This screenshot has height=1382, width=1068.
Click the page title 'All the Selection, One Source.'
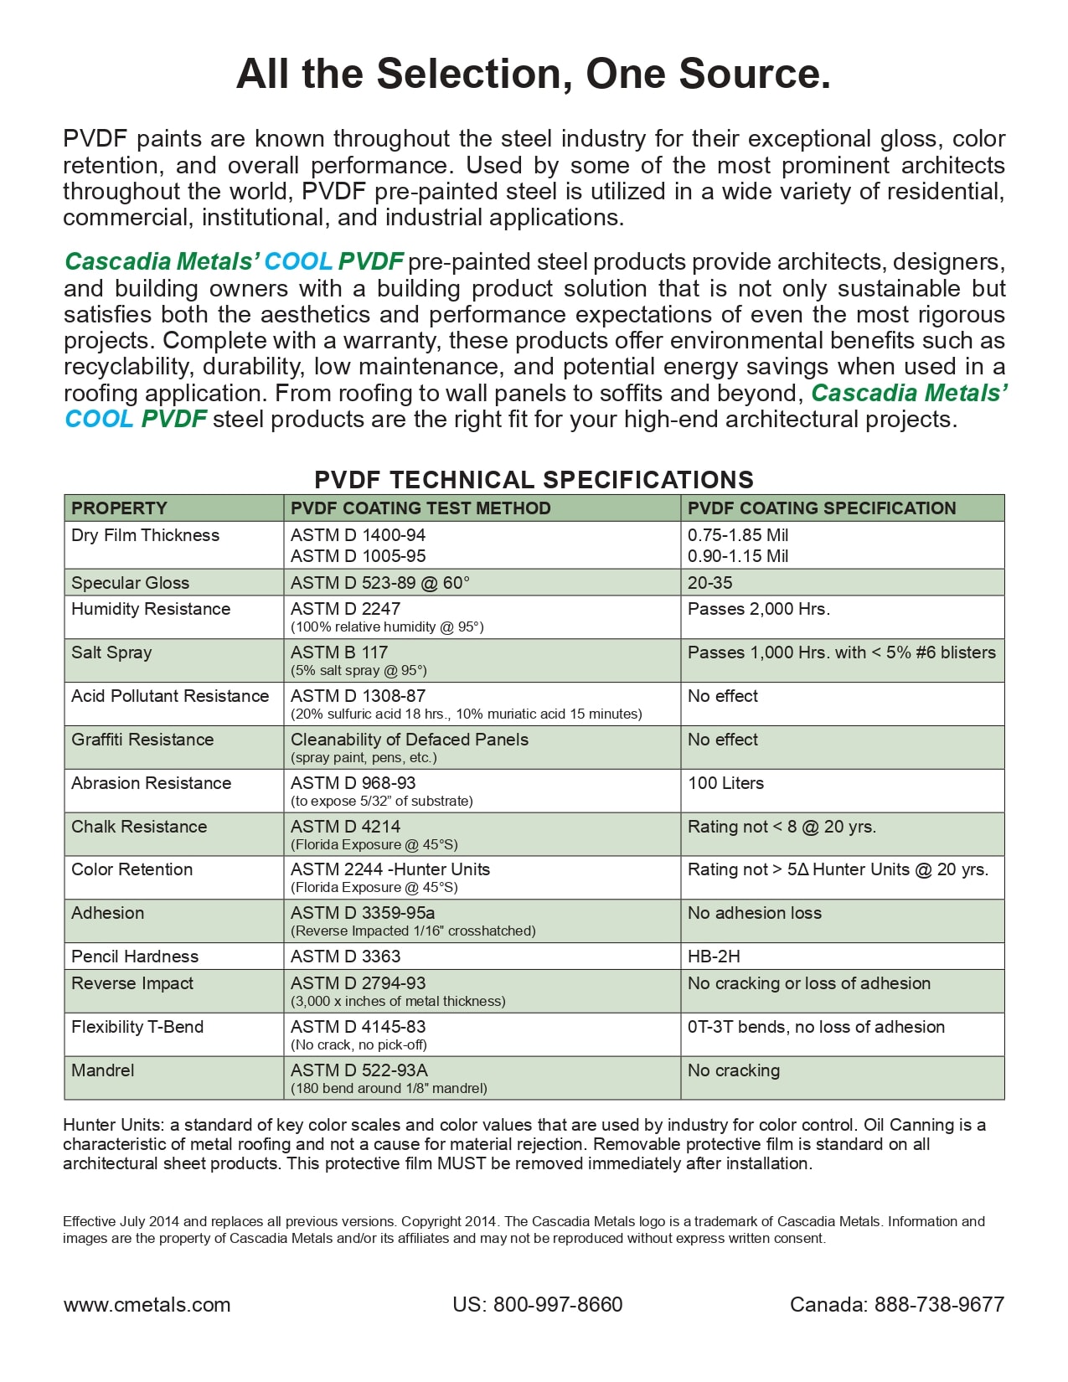coord(534,74)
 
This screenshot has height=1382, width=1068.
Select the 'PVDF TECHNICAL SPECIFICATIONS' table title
coord(534,480)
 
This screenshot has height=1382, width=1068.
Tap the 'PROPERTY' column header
coord(119,508)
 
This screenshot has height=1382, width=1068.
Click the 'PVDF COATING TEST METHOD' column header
coord(420,508)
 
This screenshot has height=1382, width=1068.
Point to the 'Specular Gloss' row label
coord(130,583)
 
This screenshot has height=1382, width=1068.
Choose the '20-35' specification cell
coord(709,583)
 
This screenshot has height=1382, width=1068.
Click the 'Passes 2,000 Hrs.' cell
coord(758,609)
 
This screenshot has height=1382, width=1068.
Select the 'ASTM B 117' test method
coord(339,652)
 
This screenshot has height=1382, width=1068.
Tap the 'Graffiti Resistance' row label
coord(142,740)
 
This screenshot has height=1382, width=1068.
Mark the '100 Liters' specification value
coord(725,783)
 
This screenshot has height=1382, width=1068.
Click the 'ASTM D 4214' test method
coord(345,827)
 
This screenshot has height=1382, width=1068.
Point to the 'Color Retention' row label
coord(132,869)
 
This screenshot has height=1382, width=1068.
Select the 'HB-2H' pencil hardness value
coord(714,957)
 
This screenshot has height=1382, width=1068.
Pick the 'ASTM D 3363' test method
coord(345,957)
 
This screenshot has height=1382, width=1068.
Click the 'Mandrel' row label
coord(102,1070)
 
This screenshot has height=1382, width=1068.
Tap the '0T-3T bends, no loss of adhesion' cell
coord(816,1027)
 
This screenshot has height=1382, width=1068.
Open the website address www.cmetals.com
coord(147,1305)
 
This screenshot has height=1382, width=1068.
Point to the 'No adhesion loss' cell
coord(754,913)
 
